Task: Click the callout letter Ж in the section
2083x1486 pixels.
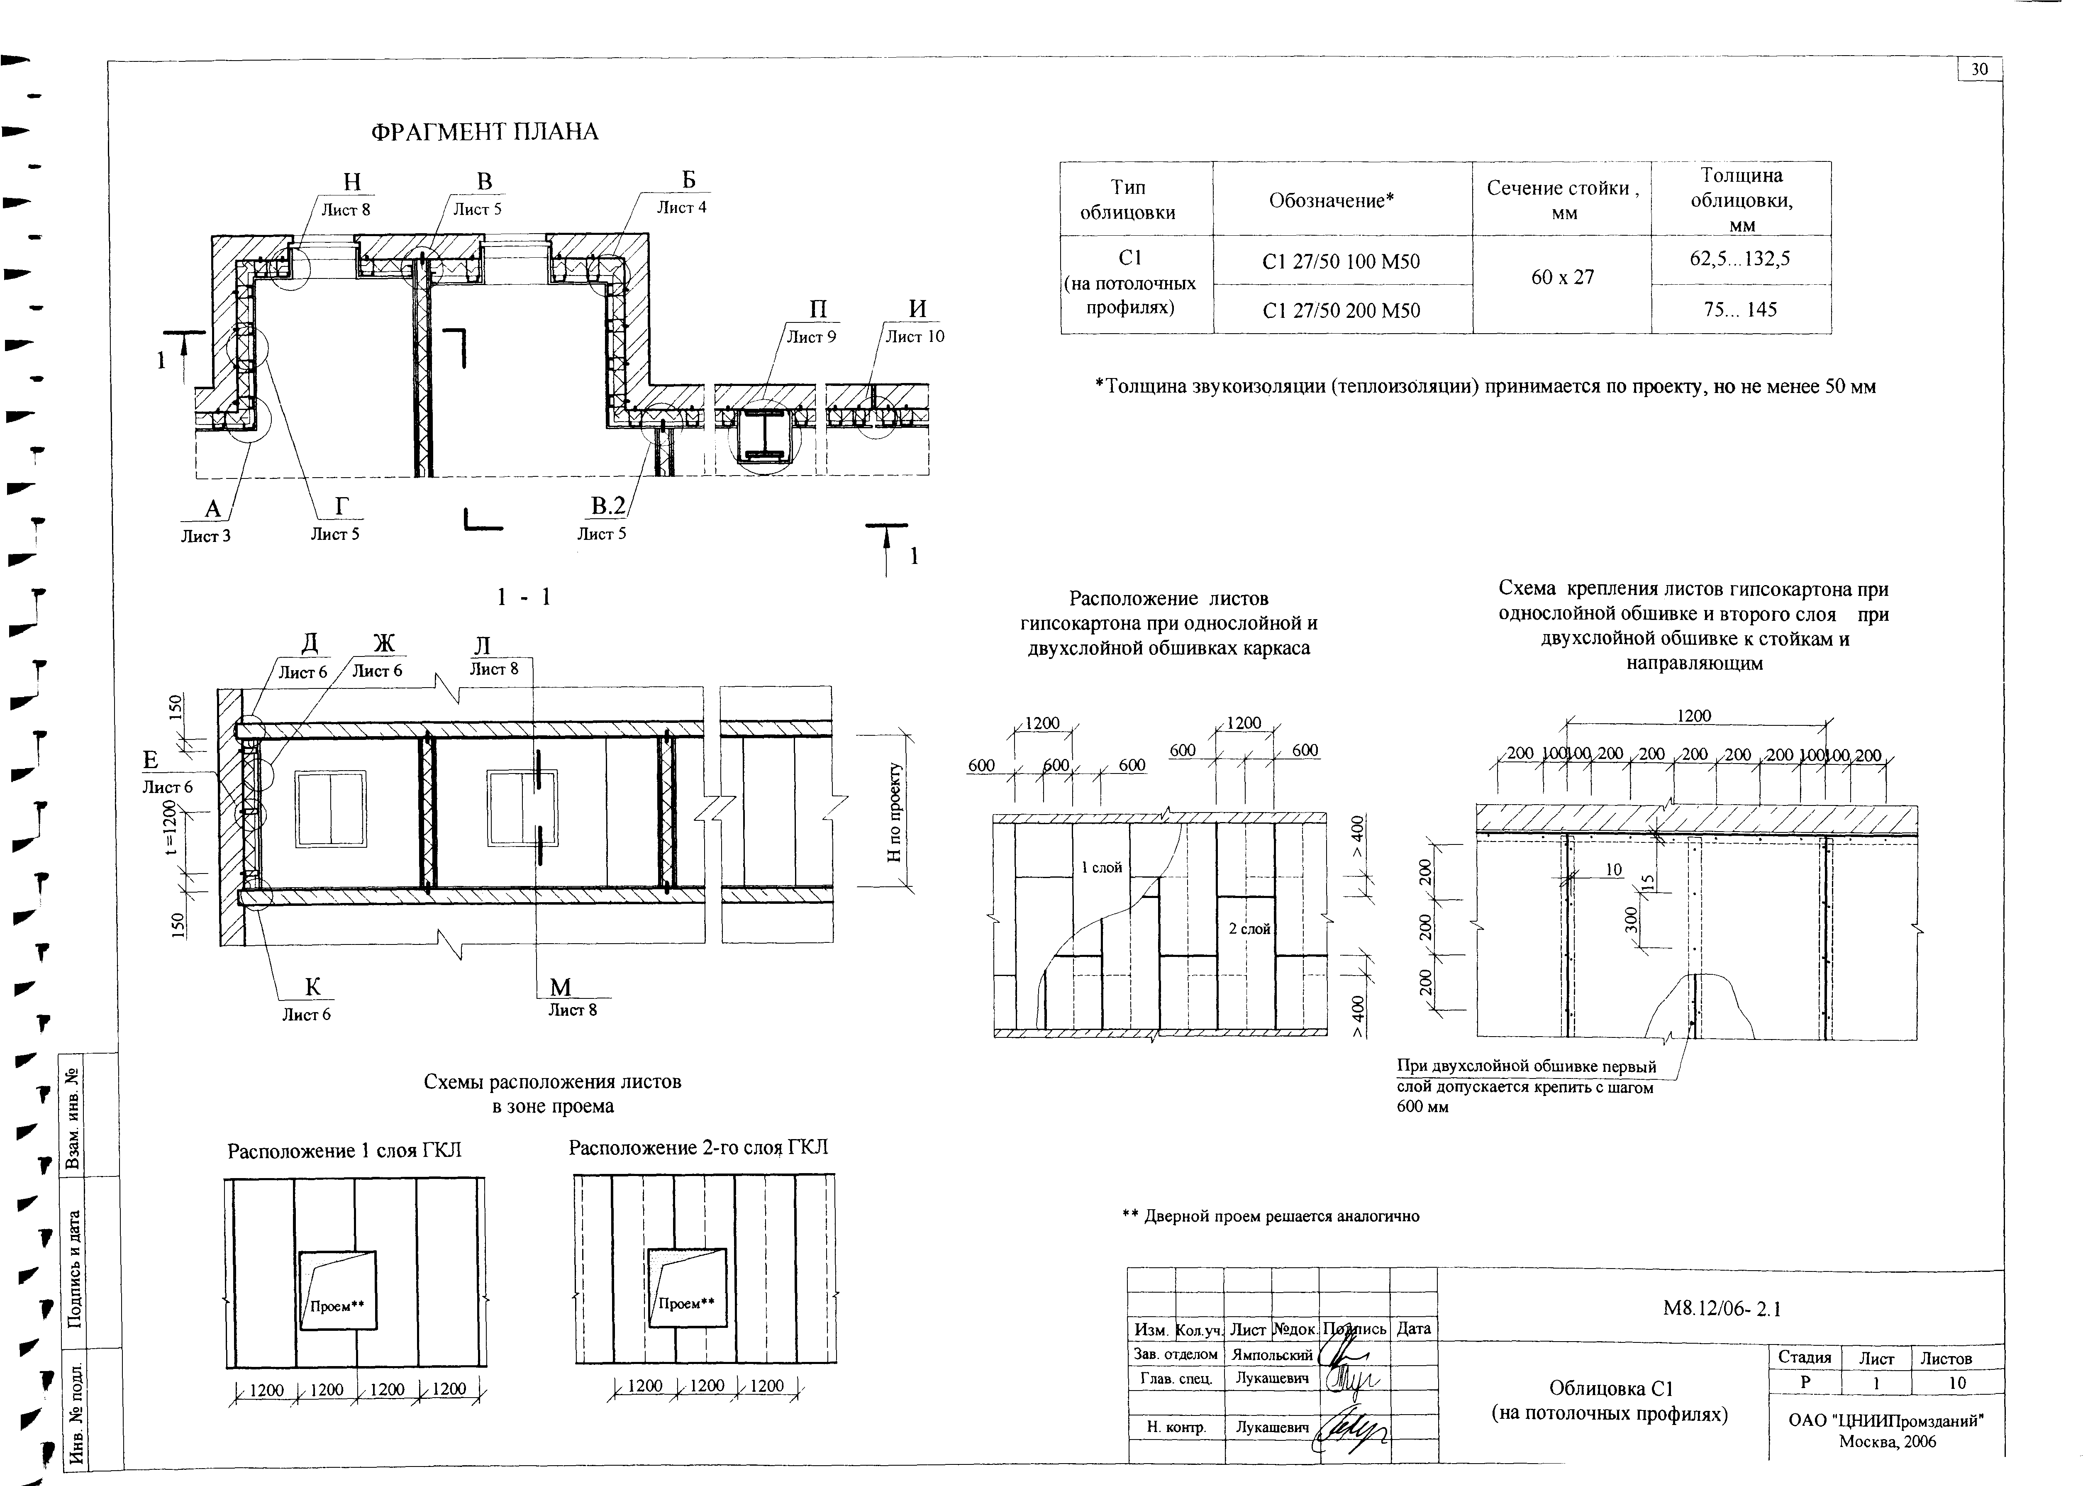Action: [384, 643]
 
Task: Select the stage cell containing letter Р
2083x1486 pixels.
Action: [1805, 1383]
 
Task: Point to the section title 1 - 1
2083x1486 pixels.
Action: [524, 598]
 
